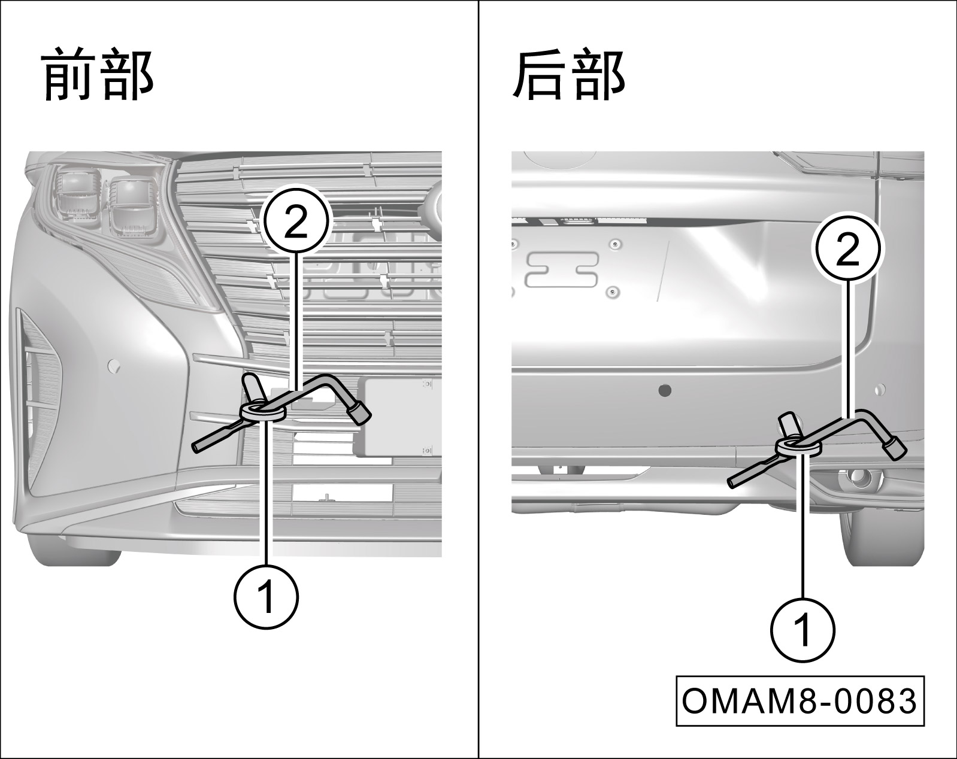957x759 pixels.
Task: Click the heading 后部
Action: pos(569,75)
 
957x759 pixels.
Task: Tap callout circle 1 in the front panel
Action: pos(265,596)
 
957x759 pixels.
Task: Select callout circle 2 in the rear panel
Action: pos(847,251)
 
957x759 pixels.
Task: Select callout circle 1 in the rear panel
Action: pos(801,630)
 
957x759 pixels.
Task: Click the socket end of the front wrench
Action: pos(361,413)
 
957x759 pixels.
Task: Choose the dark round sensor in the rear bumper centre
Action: pos(665,391)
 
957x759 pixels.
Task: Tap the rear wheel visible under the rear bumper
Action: pos(883,539)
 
